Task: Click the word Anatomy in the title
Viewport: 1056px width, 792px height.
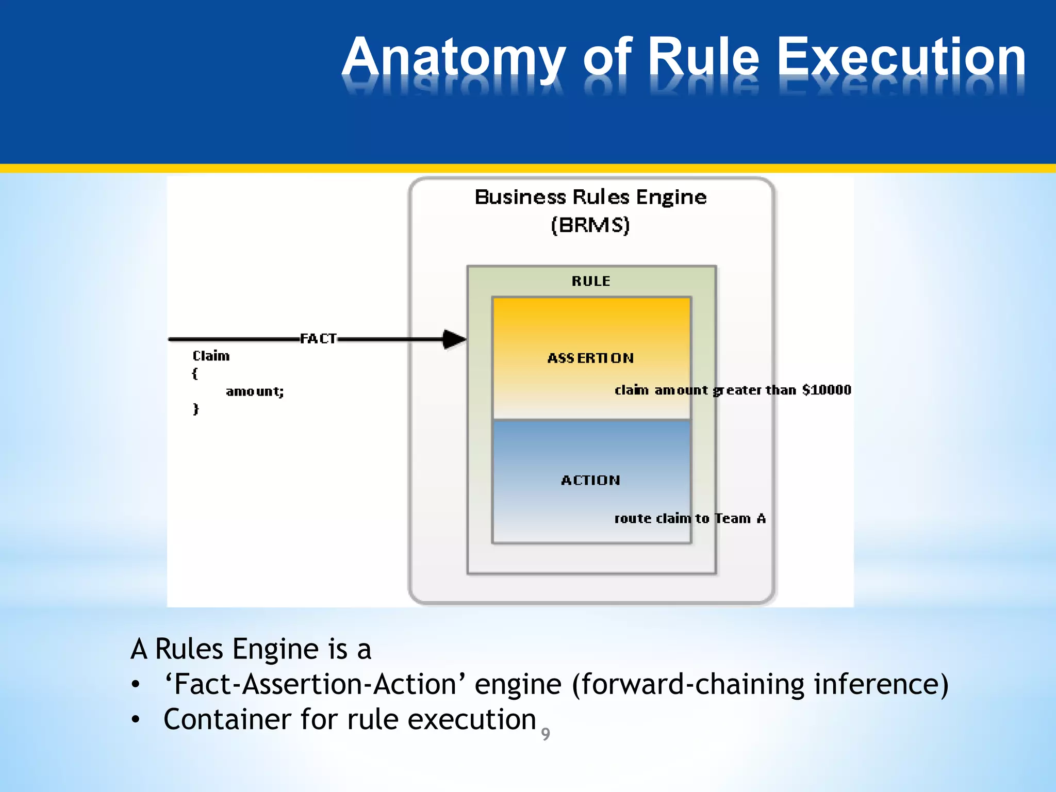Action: pos(454,58)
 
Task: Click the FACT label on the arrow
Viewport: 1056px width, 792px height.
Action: pos(318,339)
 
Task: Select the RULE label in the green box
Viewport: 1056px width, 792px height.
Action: pos(591,282)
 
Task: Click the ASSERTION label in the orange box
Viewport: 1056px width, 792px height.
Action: pos(590,358)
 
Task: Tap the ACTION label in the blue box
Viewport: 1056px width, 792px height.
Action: pos(590,481)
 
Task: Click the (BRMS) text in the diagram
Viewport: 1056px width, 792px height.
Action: pos(590,225)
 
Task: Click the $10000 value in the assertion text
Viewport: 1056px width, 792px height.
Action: pos(827,390)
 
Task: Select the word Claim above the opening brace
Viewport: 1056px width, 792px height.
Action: pos(211,356)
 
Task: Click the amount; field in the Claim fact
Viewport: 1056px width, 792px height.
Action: pos(255,392)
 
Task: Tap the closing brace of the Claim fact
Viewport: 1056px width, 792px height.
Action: pos(195,409)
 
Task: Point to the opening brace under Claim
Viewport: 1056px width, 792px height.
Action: pos(195,374)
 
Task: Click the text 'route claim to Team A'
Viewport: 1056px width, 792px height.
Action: pos(689,519)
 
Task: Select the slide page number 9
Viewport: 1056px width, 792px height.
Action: pos(546,734)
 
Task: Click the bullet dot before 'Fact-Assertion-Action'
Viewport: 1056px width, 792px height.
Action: pos(136,685)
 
